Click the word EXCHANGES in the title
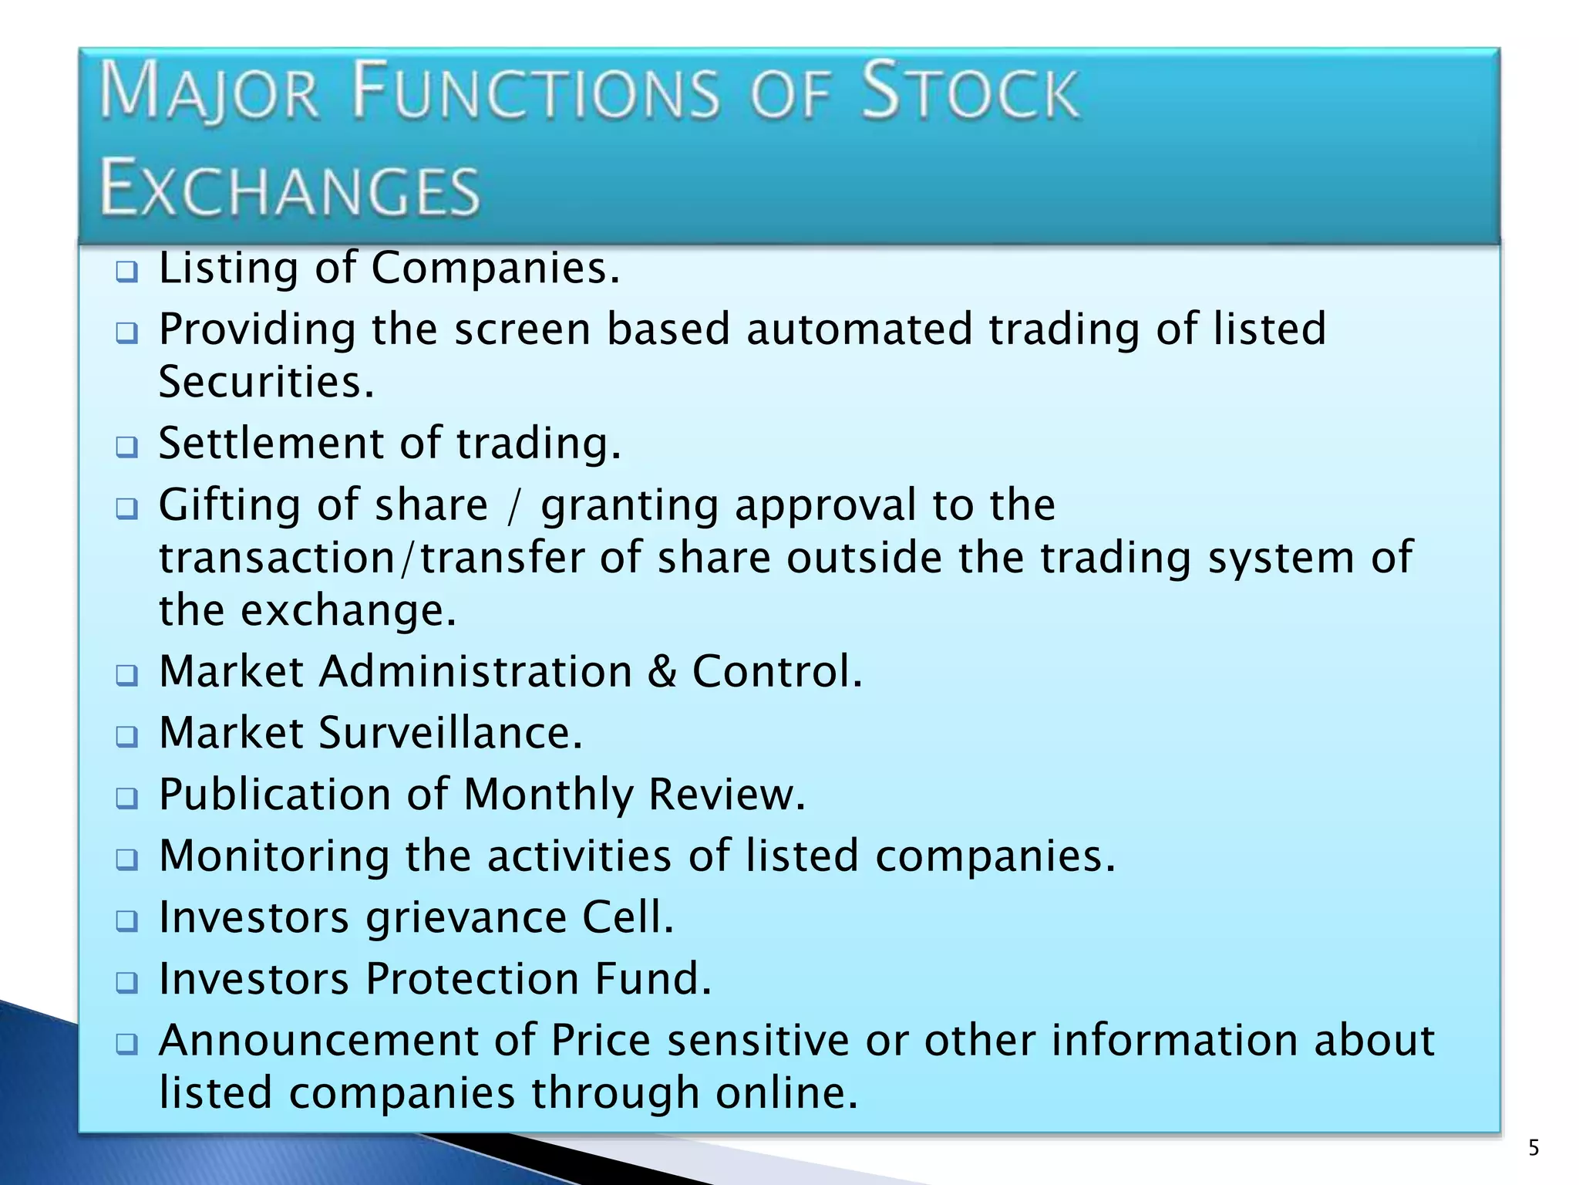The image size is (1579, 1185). pyautogui.click(x=290, y=190)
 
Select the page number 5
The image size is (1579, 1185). pyautogui.click(x=1534, y=1148)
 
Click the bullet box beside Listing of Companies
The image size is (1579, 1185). pyautogui.click(x=126, y=272)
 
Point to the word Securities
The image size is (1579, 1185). pyautogui.click(x=266, y=382)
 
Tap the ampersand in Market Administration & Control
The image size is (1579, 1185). pyautogui.click(x=662, y=671)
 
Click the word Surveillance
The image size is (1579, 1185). pyautogui.click(x=450, y=733)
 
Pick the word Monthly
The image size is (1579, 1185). pyautogui.click(x=548, y=795)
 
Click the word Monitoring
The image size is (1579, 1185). pyautogui.click(x=274, y=858)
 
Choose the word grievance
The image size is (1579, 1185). pyautogui.click(x=466, y=918)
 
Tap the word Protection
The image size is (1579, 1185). pyautogui.click(x=472, y=980)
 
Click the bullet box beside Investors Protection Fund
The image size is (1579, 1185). pyautogui.click(x=126, y=983)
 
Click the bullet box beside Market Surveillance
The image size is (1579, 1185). pyautogui.click(x=126, y=736)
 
